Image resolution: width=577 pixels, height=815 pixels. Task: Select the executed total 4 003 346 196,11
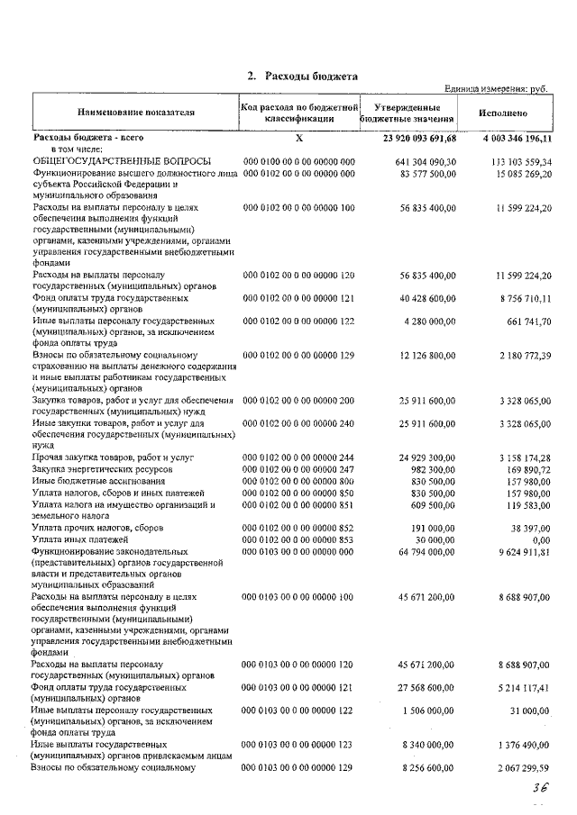[509, 139]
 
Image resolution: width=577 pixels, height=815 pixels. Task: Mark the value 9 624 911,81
[517, 550]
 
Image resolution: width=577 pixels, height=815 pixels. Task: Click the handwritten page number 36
[540, 786]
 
